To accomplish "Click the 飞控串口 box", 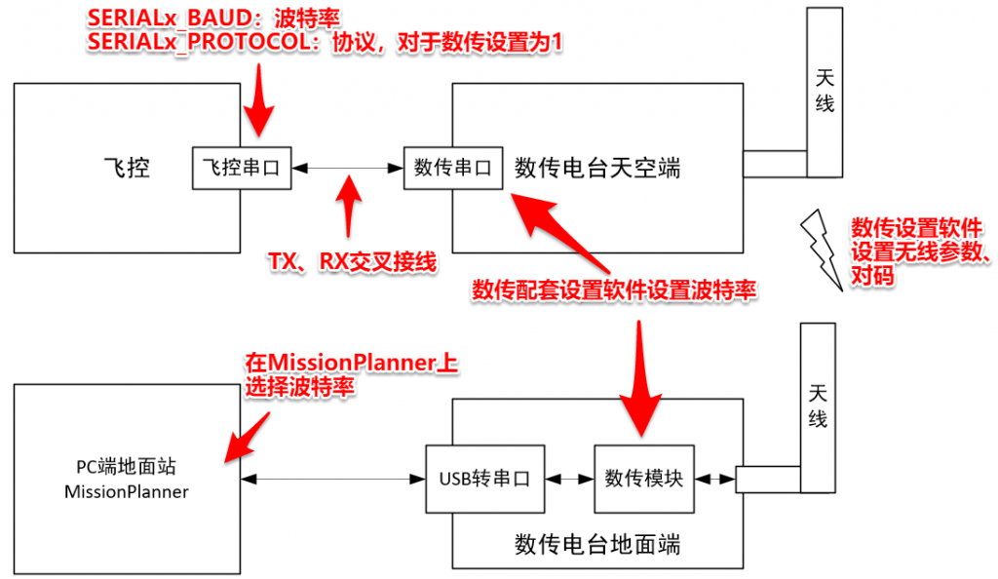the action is (x=242, y=169).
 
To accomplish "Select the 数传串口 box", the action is (x=453, y=169).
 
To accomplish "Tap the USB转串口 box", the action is (x=485, y=480).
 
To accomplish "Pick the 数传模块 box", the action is (x=644, y=480).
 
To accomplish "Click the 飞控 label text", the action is (x=127, y=168).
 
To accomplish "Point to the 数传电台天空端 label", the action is (x=597, y=169).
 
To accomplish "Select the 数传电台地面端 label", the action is (x=597, y=545).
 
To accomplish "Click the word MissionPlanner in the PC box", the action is (x=127, y=492).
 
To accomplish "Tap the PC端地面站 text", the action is (x=126, y=467).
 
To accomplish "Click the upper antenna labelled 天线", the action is (x=825, y=93).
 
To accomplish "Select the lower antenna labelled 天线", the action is (x=818, y=407).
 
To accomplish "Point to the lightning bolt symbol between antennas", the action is (x=821, y=251).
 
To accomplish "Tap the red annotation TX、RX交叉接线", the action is (x=353, y=261).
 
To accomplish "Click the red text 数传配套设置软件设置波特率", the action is (x=614, y=290).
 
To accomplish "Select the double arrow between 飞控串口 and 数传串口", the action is (x=348, y=169).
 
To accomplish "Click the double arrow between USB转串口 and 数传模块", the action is (x=569, y=480).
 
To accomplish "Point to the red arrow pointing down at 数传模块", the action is (x=640, y=378).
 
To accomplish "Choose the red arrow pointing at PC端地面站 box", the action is (x=248, y=438).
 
